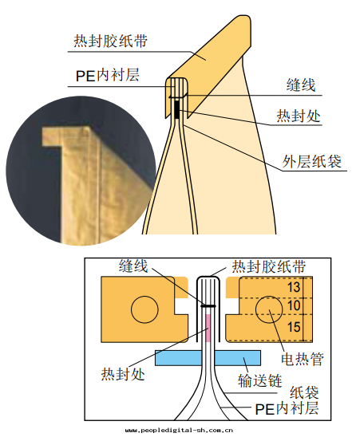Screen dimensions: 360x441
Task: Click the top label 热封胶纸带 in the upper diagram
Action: pyautogui.click(x=111, y=41)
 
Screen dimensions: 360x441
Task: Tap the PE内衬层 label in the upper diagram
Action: pyautogui.click(x=108, y=76)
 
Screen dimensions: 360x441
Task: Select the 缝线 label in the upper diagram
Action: pyautogui.click(x=301, y=85)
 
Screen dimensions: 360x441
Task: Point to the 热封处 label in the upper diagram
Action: pyautogui.click(x=299, y=116)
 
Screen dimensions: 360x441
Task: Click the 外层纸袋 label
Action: pyautogui.click(x=311, y=161)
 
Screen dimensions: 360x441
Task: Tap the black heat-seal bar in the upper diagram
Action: pyautogui.click(x=176, y=109)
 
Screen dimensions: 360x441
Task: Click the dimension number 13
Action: pyautogui.click(x=294, y=287)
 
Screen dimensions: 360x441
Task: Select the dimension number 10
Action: pyautogui.click(x=294, y=305)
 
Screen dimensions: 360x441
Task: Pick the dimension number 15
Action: pyautogui.click(x=294, y=327)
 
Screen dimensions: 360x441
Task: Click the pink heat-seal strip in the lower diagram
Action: pyautogui.click(x=208, y=329)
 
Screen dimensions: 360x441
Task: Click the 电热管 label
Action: pyautogui.click(x=303, y=359)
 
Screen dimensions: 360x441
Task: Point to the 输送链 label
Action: pyautogui.click(x=259, y=380)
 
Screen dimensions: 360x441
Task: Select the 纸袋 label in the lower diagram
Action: pyautogui.click(x=304, y=392)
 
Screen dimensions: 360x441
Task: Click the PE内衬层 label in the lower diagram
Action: pyautogui.click(x=287, y=408)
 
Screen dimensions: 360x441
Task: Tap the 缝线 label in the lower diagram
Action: pyautogui.click(x=133, y=266)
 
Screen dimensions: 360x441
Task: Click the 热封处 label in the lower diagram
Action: pyautogui.click(x=123, y=374)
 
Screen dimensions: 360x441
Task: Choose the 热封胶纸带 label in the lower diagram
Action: pyautogui.click(x=268, y=266)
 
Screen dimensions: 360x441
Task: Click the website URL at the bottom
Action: pyautogui.click(x=179, y=431)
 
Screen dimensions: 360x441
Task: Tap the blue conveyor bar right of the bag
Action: pyautogui.click(x=238, y=358)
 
